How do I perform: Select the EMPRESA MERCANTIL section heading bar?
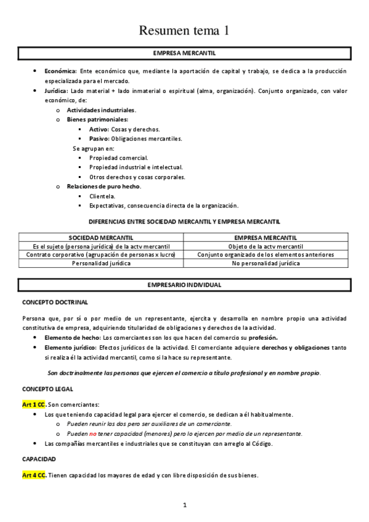point(184,53)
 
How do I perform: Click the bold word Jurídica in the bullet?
point(56,90)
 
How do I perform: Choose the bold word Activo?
point(99,129)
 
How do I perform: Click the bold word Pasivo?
point(99,139)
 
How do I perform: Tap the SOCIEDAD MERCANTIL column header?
point(102,238)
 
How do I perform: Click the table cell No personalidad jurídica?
point(266,263)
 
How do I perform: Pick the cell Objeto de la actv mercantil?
point(266,246)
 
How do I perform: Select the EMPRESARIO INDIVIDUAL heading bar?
point(184,285)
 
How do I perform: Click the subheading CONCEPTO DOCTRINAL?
point(55,302)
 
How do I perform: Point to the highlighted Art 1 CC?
point(34,404)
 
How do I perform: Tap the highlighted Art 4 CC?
point(34,475)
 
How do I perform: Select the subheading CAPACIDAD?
point(39,459)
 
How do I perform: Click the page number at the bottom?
point(184,505)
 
